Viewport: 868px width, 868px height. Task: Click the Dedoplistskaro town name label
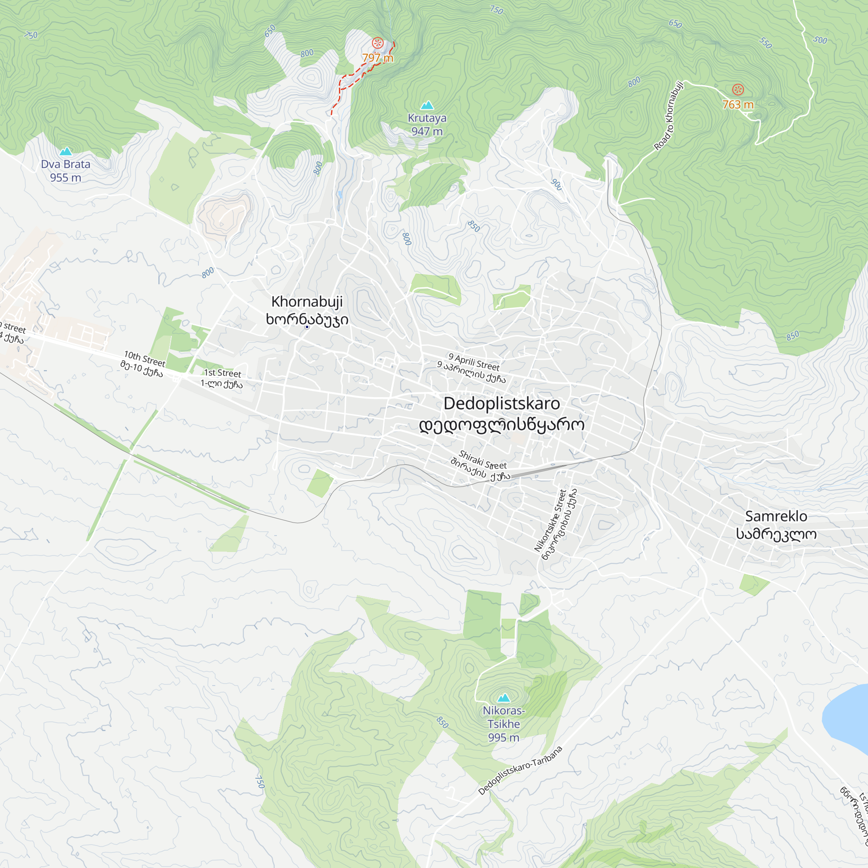(x=501, y=404)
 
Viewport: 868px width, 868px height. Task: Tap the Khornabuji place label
(x=307, y=302)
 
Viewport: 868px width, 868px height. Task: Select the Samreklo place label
(x=776, y=516)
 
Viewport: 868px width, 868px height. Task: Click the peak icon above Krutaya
(x=427, y=105)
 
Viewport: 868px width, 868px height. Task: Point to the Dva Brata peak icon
(x=66, y=151)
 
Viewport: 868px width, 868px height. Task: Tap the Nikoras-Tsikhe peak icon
(x=503, y=698)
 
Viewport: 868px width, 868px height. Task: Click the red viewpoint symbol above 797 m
(x=378, y=43)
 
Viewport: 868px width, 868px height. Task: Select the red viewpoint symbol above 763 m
(x=738, y=89)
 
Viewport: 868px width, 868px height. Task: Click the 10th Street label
(x=145, y=359)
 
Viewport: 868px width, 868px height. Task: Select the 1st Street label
(x=222, y=373)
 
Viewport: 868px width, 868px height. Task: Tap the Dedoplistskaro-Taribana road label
(x=520, y=770)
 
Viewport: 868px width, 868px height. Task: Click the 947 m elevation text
(x=427, y=132)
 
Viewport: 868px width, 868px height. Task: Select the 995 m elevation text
(x=503, y=738)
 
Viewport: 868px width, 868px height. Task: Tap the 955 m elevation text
(x=66, y=178)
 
